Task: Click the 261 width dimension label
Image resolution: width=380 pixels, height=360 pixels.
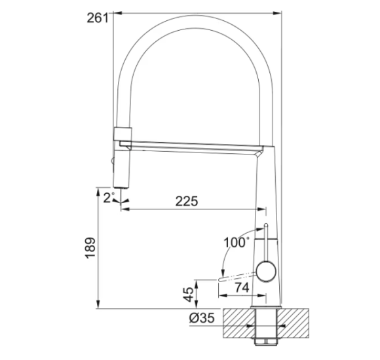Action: [x=98, y=18]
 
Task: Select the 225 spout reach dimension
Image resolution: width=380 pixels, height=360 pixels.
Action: [x=187, y=201]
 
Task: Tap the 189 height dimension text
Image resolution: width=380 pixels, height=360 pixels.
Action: [x=90, y=248]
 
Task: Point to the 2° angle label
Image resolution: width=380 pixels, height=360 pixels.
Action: [x=108, y=198]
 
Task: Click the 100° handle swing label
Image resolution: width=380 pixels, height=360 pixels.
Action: [x=237, y=242]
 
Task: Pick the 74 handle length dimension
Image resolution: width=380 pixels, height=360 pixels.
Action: [x=242, y=288]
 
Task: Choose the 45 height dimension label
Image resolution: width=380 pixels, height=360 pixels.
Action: [x=189, y=295]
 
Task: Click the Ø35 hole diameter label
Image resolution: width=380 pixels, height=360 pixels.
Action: [x=202, y=318]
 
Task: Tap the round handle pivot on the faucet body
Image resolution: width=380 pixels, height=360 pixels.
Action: [x=266, y=271]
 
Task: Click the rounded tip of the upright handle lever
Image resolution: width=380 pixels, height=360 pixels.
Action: [x=266, y=225]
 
